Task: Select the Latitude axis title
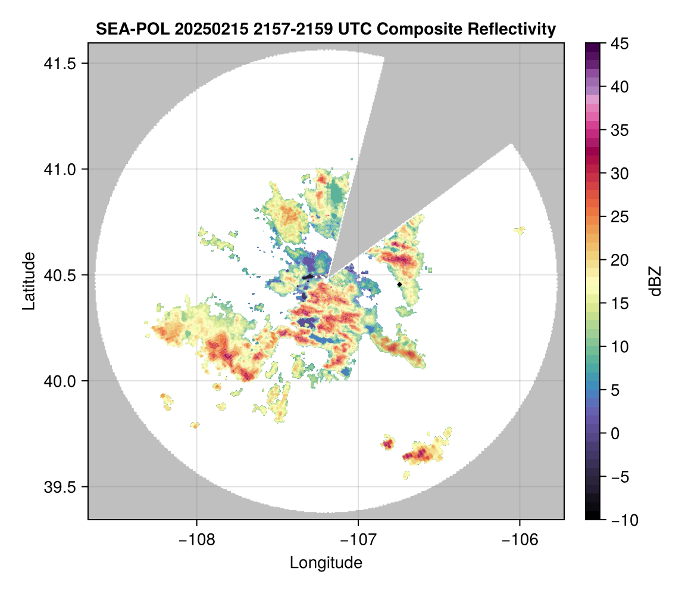(x=29, y=281)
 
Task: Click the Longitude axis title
(x=326, y=562)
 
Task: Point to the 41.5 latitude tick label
(x=62, y=64)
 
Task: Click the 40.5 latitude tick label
(x=62, y=275)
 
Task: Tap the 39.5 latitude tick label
(x=62, y=487)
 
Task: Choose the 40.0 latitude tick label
(x=62, y=381)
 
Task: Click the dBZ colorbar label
(x=655, y=281)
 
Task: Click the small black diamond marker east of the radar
(x=400, y=285)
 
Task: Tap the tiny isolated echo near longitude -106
(x=520, y=229)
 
